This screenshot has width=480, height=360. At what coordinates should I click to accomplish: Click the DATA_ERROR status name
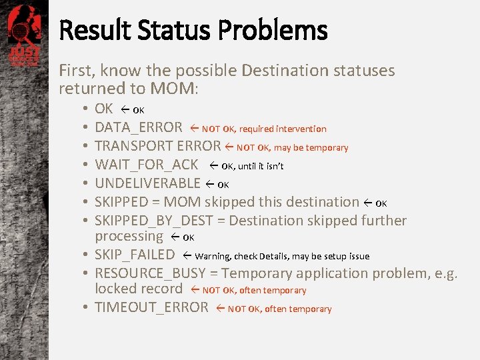138,127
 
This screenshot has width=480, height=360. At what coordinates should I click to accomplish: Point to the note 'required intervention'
283,129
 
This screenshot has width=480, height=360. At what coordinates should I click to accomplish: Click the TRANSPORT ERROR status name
157,146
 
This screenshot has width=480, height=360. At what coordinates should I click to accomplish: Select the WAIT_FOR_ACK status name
147,165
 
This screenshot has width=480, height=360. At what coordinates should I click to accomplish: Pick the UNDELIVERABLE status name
147,183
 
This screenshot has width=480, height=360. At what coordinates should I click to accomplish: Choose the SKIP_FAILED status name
135,255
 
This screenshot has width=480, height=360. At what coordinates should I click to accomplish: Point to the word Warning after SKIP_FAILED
213,256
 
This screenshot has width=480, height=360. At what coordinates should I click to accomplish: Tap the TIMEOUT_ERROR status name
151,307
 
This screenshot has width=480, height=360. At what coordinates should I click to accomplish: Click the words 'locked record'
138,289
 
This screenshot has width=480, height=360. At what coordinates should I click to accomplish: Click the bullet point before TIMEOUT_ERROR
87,308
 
